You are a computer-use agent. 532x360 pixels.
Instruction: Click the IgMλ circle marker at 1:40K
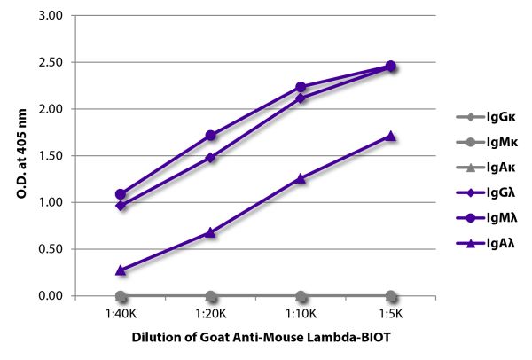click(x=121, y=194)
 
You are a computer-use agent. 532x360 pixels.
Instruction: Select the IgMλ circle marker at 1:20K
click(x=210, y=136)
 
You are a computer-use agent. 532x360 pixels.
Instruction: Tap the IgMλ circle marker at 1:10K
click(x=301, y=87)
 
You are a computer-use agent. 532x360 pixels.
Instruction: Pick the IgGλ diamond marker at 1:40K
click(x=121, y=206)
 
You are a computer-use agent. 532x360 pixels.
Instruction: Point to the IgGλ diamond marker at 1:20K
click(x=210, y=158)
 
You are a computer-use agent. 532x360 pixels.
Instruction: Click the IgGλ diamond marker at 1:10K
click(x=301, y=98)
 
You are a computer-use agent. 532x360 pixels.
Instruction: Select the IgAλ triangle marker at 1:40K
click(x=121, y=270)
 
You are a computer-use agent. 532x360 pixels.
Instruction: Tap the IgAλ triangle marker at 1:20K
click(x=210, y=232)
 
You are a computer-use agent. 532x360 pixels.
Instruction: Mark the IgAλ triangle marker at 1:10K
click(x=301, y=178)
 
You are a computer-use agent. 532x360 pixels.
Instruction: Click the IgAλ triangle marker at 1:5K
click(x=390, y=136)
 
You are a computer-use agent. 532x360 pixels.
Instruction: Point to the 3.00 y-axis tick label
click(x=51, y=16)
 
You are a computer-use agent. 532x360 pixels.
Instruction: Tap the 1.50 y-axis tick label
click(x=51, y=156)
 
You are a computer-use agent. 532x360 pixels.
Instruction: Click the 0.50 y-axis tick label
click(x=51, y=249)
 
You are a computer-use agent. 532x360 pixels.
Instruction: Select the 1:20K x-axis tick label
click(x=210, y=313)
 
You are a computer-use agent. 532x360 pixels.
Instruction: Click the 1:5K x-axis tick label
click(x=390, y=313)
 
